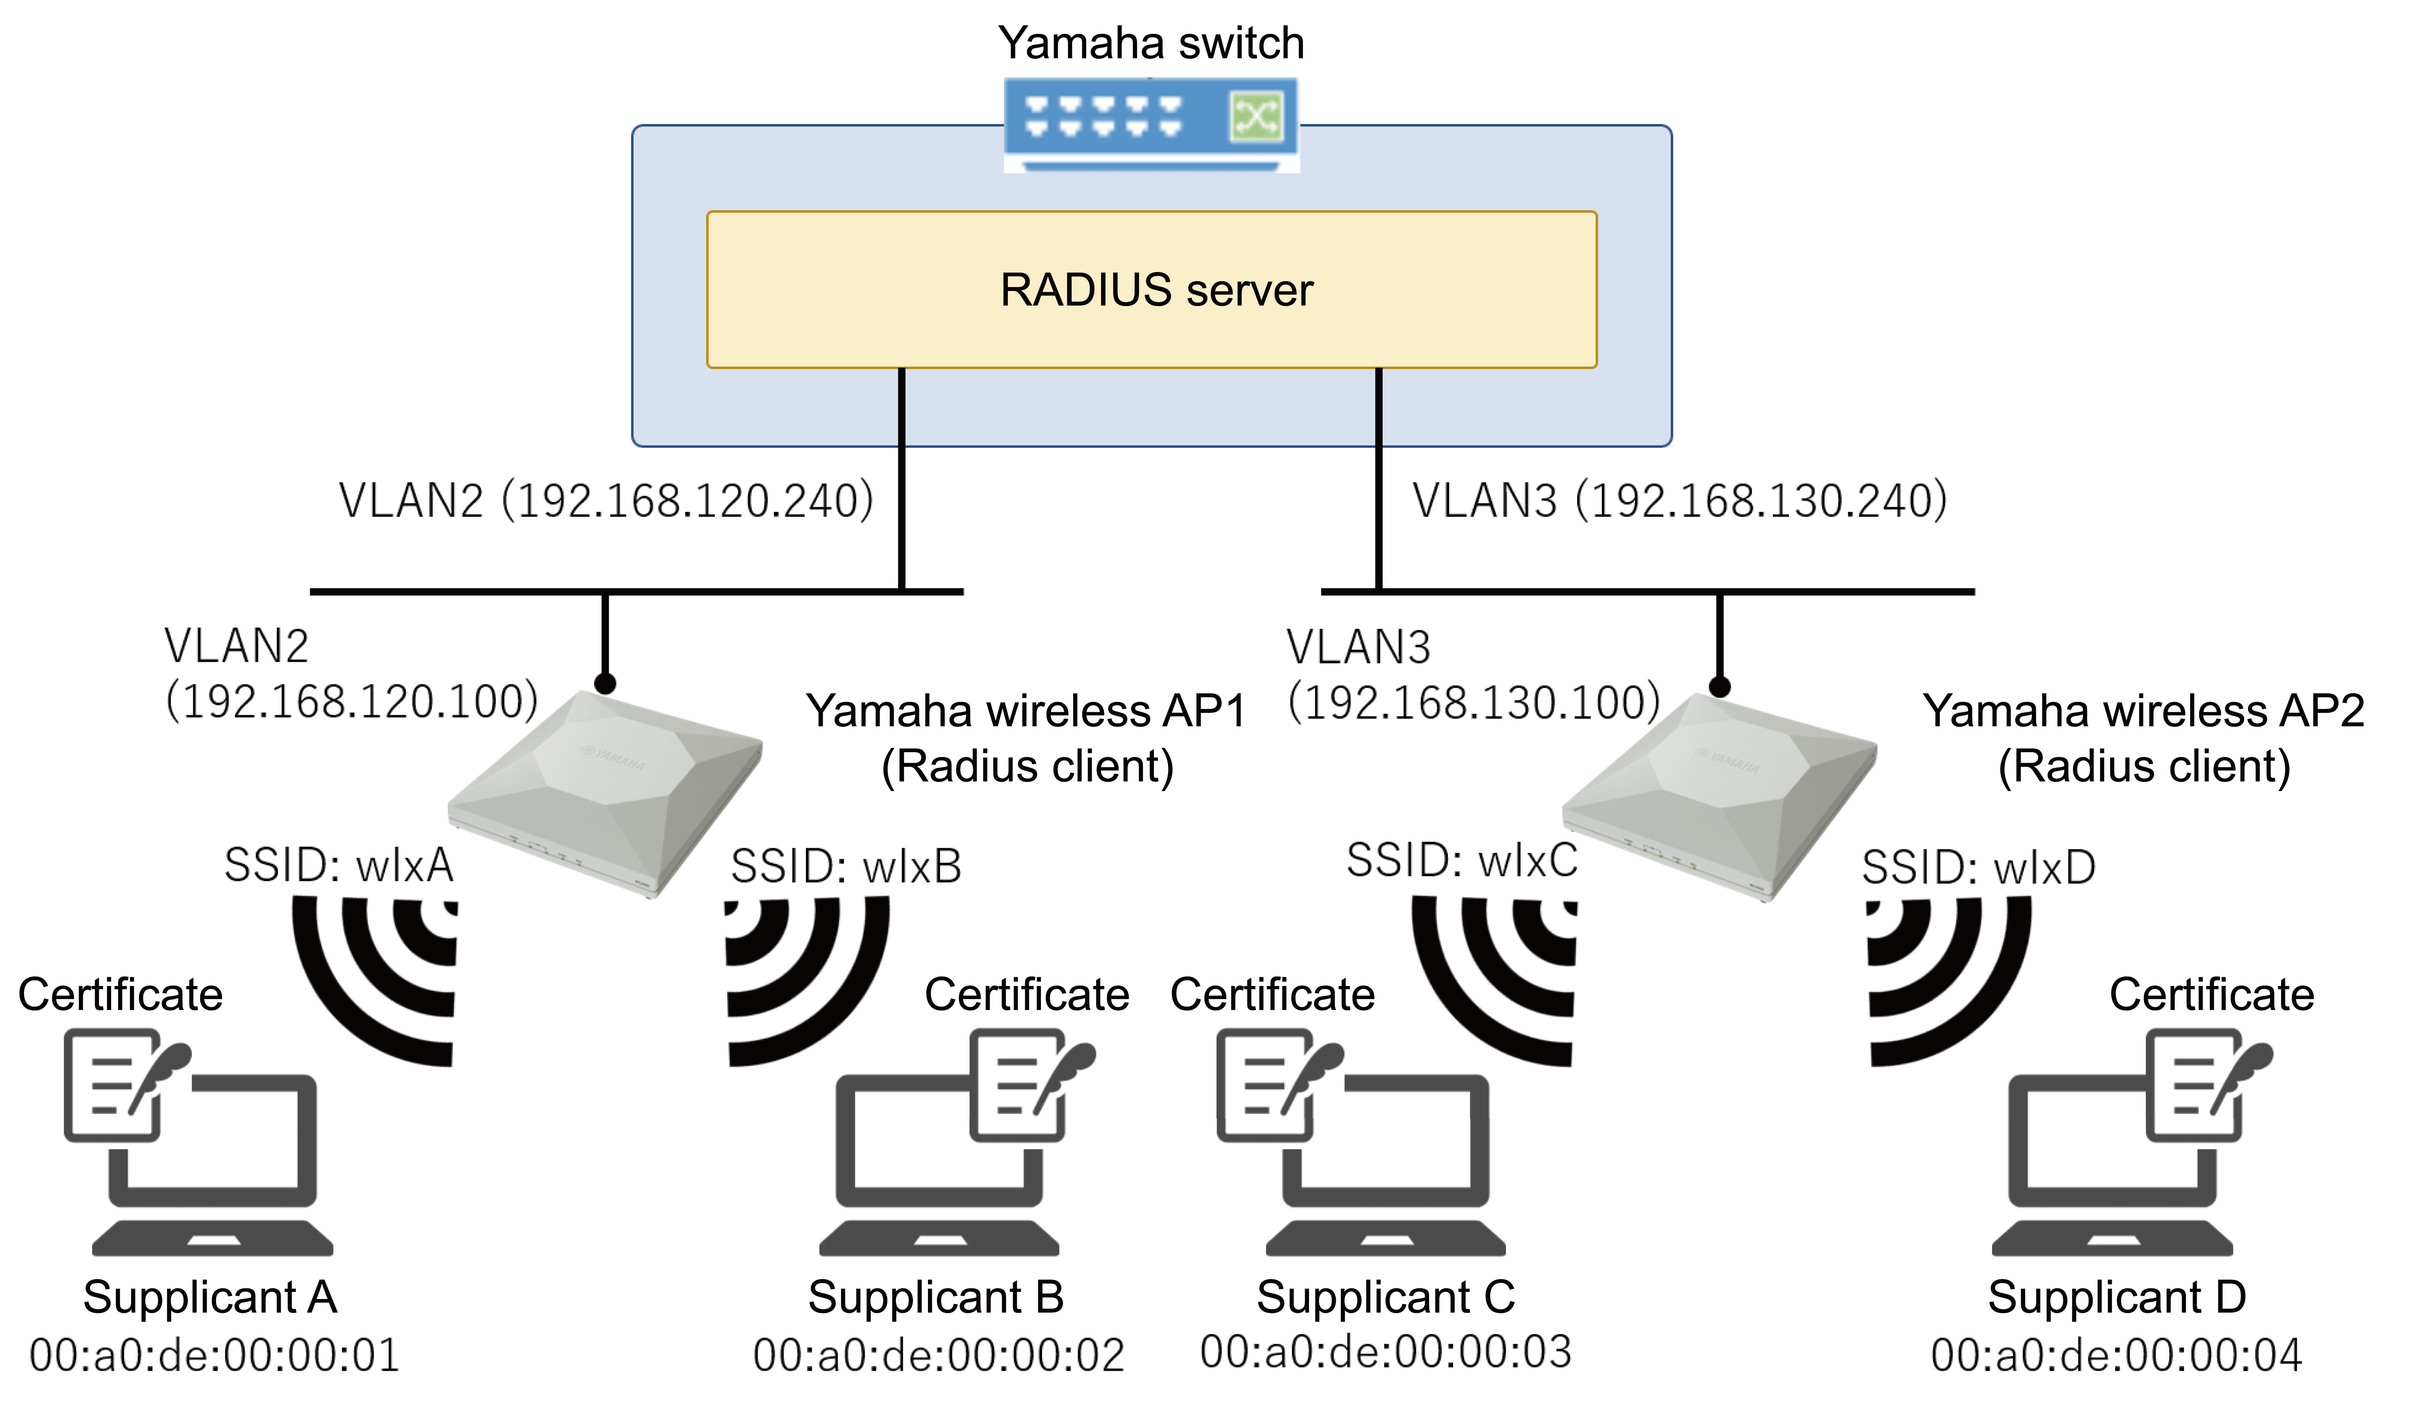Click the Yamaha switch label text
tap(1151, 43)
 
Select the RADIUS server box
tap(1152, 290)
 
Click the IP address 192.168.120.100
tap(352, 702)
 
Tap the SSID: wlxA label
tap(339, 865)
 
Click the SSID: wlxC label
tap(1461, 860)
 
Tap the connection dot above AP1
tap(605, 684)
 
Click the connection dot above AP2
tap(1720, 686)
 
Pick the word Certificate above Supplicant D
tap(2211, 994)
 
